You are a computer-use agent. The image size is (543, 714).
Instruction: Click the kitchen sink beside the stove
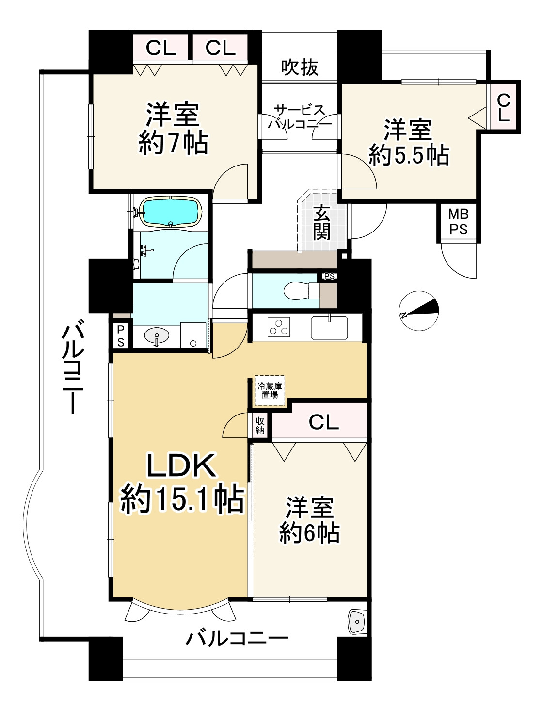point(329,327)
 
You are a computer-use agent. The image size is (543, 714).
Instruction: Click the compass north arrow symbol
point(419,309)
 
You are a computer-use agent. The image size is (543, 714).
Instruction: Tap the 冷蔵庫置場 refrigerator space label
point(270,390)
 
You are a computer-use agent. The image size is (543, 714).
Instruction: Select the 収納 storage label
point(260,425)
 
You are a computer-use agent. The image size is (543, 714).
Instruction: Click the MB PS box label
point(458,221)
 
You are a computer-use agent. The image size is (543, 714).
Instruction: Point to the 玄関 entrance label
point(321,223)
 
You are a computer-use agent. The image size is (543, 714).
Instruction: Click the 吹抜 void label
point(300,67)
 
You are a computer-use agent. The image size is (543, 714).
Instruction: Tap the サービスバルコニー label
point(300,117)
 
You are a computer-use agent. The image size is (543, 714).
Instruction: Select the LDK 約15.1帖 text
point(182,483)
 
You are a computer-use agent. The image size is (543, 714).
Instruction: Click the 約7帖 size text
point(174,143)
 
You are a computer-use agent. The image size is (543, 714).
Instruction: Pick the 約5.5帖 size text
point(408,155)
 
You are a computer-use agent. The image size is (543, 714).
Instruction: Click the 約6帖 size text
point(309,533)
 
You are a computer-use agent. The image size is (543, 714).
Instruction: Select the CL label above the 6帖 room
point(323,423)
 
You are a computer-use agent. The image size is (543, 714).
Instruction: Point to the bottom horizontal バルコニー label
point(237,637)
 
